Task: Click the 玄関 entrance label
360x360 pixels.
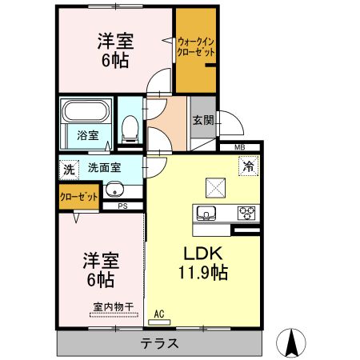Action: (x=202, y=121)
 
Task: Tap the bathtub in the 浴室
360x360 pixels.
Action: (x=88, y=112)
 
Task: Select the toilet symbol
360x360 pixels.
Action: (x=129, y=126)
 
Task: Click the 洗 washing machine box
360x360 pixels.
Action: (x=69, y=170)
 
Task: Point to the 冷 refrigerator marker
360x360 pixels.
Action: (x=248, y=167)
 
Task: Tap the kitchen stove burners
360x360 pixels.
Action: (x=247, y=214)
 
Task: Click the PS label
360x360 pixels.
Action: (x=122, y=206)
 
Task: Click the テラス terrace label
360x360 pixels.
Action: (x=159, y=343)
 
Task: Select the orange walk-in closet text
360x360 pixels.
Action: (x=196, y=46)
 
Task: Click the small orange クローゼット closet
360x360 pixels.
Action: (x=78, y=196)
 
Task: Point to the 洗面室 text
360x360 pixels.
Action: (x=104, y=169)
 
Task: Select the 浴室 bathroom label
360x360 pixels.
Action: (x=88, y=135)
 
